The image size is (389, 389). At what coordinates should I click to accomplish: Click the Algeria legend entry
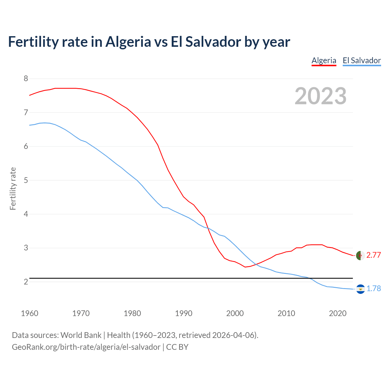[324, 60]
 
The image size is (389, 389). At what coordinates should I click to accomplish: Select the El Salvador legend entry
[362, 60]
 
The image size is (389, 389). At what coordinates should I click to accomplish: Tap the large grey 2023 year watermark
[321, 96]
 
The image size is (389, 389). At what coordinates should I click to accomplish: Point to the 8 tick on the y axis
[26, 79]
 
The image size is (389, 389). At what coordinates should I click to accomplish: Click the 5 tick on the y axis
[26, 180]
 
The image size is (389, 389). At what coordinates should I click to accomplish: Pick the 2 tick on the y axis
[26, 282]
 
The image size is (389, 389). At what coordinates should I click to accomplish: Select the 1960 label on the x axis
[29, 313]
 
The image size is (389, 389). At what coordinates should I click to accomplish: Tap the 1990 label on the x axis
[184, 313]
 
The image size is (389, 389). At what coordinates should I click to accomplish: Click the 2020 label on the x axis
[338, 313]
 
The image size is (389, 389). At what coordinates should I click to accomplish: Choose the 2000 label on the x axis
[235, 313]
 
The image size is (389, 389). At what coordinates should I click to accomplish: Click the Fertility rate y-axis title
[13, 188]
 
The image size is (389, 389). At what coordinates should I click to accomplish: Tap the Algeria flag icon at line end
[360, 256]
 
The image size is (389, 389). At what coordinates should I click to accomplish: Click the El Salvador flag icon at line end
[360, 289]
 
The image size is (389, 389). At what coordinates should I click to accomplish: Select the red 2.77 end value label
[374, 255]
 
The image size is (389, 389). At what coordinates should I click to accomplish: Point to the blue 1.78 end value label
[374, 289]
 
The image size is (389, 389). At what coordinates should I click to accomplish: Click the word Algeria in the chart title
[128, 42]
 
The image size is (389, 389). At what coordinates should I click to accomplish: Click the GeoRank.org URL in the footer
[86, 347]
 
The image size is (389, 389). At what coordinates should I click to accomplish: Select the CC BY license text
[177, 347]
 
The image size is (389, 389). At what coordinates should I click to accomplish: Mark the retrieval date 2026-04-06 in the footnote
[233, 335]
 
